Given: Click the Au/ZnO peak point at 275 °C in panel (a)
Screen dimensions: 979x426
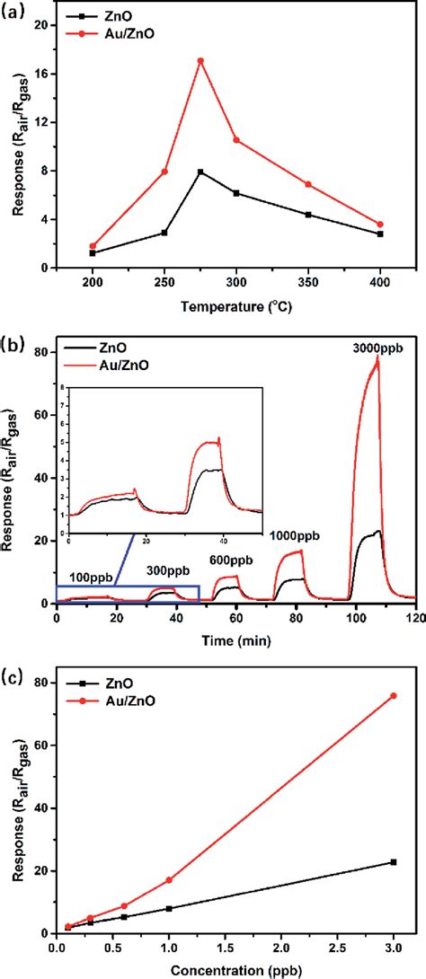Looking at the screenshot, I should [x=200, y=61].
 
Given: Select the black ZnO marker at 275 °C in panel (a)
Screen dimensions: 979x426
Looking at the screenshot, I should [x=200, y=172].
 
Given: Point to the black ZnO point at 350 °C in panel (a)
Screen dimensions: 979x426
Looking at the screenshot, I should [x=308, y=215].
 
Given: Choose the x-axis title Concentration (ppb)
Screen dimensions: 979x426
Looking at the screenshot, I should [x=235, y=970].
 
